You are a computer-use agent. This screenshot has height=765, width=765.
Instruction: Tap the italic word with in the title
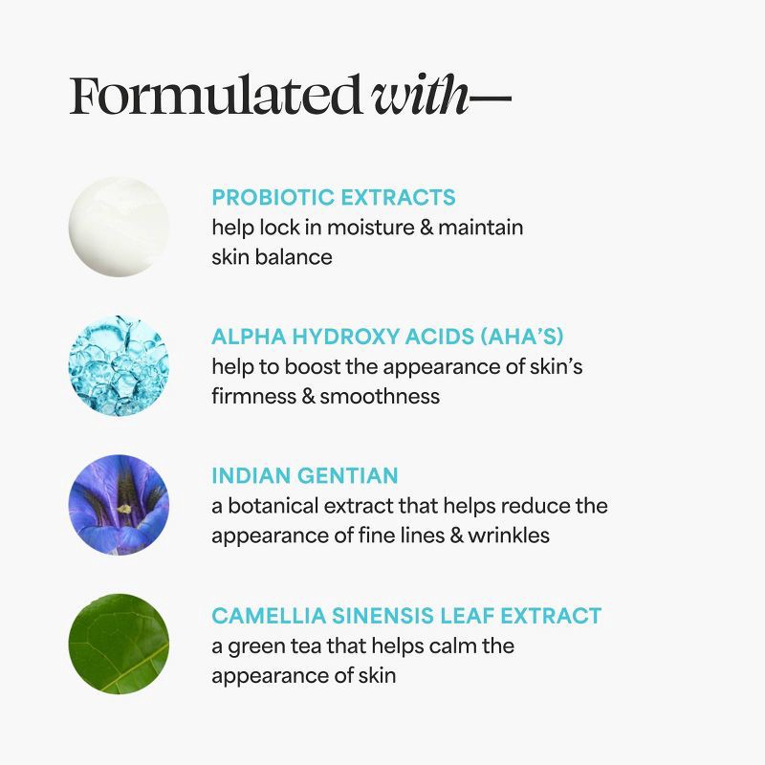[x=421, y=96]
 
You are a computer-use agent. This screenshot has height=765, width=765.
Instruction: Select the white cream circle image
[x=119, y=227]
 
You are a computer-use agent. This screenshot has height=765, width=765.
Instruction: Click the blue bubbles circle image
[x=119, y=366]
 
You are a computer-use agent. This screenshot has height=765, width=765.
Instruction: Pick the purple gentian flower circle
[x=119, y=505]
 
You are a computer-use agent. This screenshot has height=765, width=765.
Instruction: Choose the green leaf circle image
[x=119, y=644]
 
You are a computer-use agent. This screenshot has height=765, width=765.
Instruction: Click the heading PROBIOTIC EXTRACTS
[x=334, y=198]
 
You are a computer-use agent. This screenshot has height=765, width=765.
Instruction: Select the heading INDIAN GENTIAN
[x=305, y=476]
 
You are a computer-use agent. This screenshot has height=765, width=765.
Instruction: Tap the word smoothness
[x=380, y=396]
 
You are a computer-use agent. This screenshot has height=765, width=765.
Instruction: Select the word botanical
[x=273, y=506]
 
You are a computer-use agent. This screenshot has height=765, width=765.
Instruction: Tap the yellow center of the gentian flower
[x=123, y=508]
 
